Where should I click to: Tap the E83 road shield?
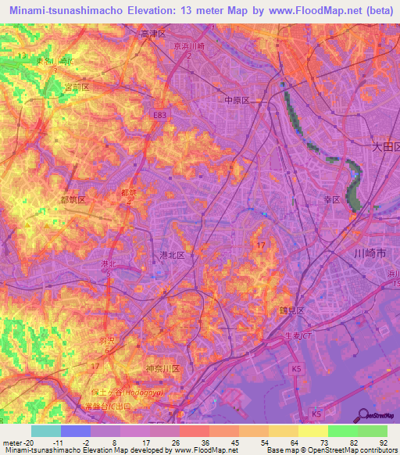tap(159, 114)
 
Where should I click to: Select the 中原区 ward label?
tap(236, 101)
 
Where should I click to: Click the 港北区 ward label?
tap(171, 256)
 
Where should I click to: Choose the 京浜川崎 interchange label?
tap(190, 47)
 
